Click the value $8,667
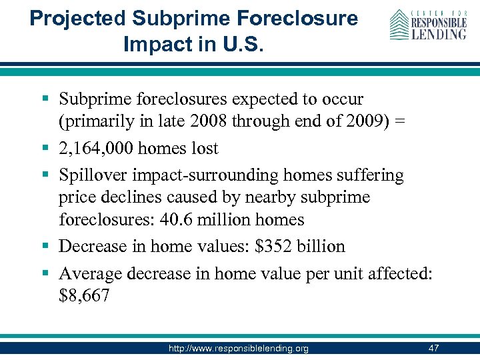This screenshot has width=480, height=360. pyautogui.click(x=84, y=295)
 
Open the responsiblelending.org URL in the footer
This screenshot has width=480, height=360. pyautogui.click(x=239, y=349)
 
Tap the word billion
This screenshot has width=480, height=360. pyautogui.click(x=323, y=247)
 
